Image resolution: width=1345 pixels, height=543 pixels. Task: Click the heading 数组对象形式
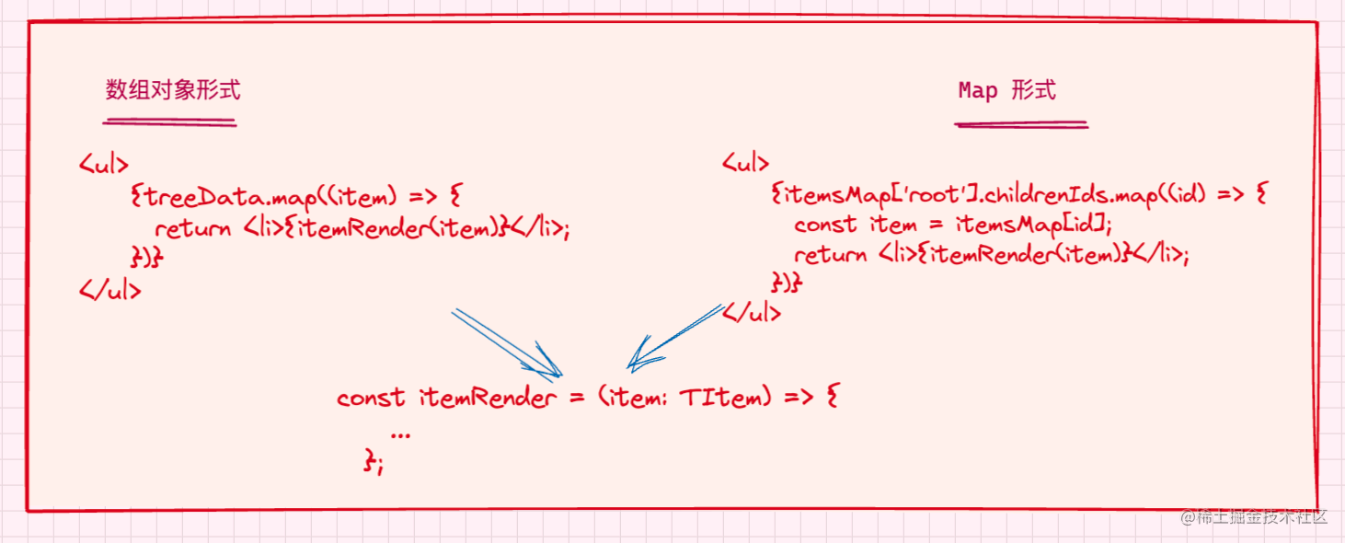coord(172,90)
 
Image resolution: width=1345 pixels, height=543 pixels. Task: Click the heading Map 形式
coord(1006,90)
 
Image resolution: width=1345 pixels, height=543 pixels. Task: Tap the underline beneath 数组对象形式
coord(170,121)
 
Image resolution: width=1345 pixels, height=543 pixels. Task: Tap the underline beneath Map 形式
coord(1021,123)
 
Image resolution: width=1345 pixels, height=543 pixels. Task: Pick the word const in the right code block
coord(825,225)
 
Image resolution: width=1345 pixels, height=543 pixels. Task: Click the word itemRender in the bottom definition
coord(488,398)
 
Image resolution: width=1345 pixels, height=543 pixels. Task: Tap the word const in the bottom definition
coord(370,398)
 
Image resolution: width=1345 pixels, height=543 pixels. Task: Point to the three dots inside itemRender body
coord(400,433)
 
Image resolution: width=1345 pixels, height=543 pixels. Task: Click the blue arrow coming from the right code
coord(676,337)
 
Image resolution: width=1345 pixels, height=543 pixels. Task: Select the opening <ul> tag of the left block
coord(104,166)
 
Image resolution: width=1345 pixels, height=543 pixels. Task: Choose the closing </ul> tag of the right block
coord(752,313)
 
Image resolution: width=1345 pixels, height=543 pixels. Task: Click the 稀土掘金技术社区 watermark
coord(1255,516)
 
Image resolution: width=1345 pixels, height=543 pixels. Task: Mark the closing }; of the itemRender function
coord(374,463)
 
